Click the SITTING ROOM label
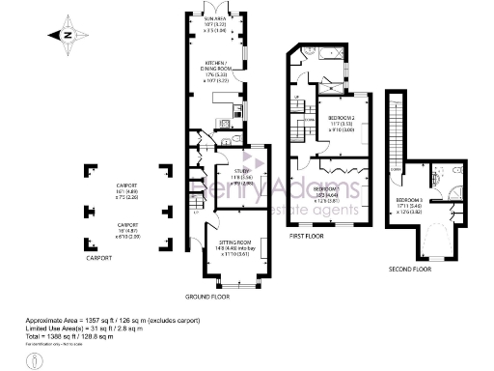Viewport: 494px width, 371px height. tap(234, 247)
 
